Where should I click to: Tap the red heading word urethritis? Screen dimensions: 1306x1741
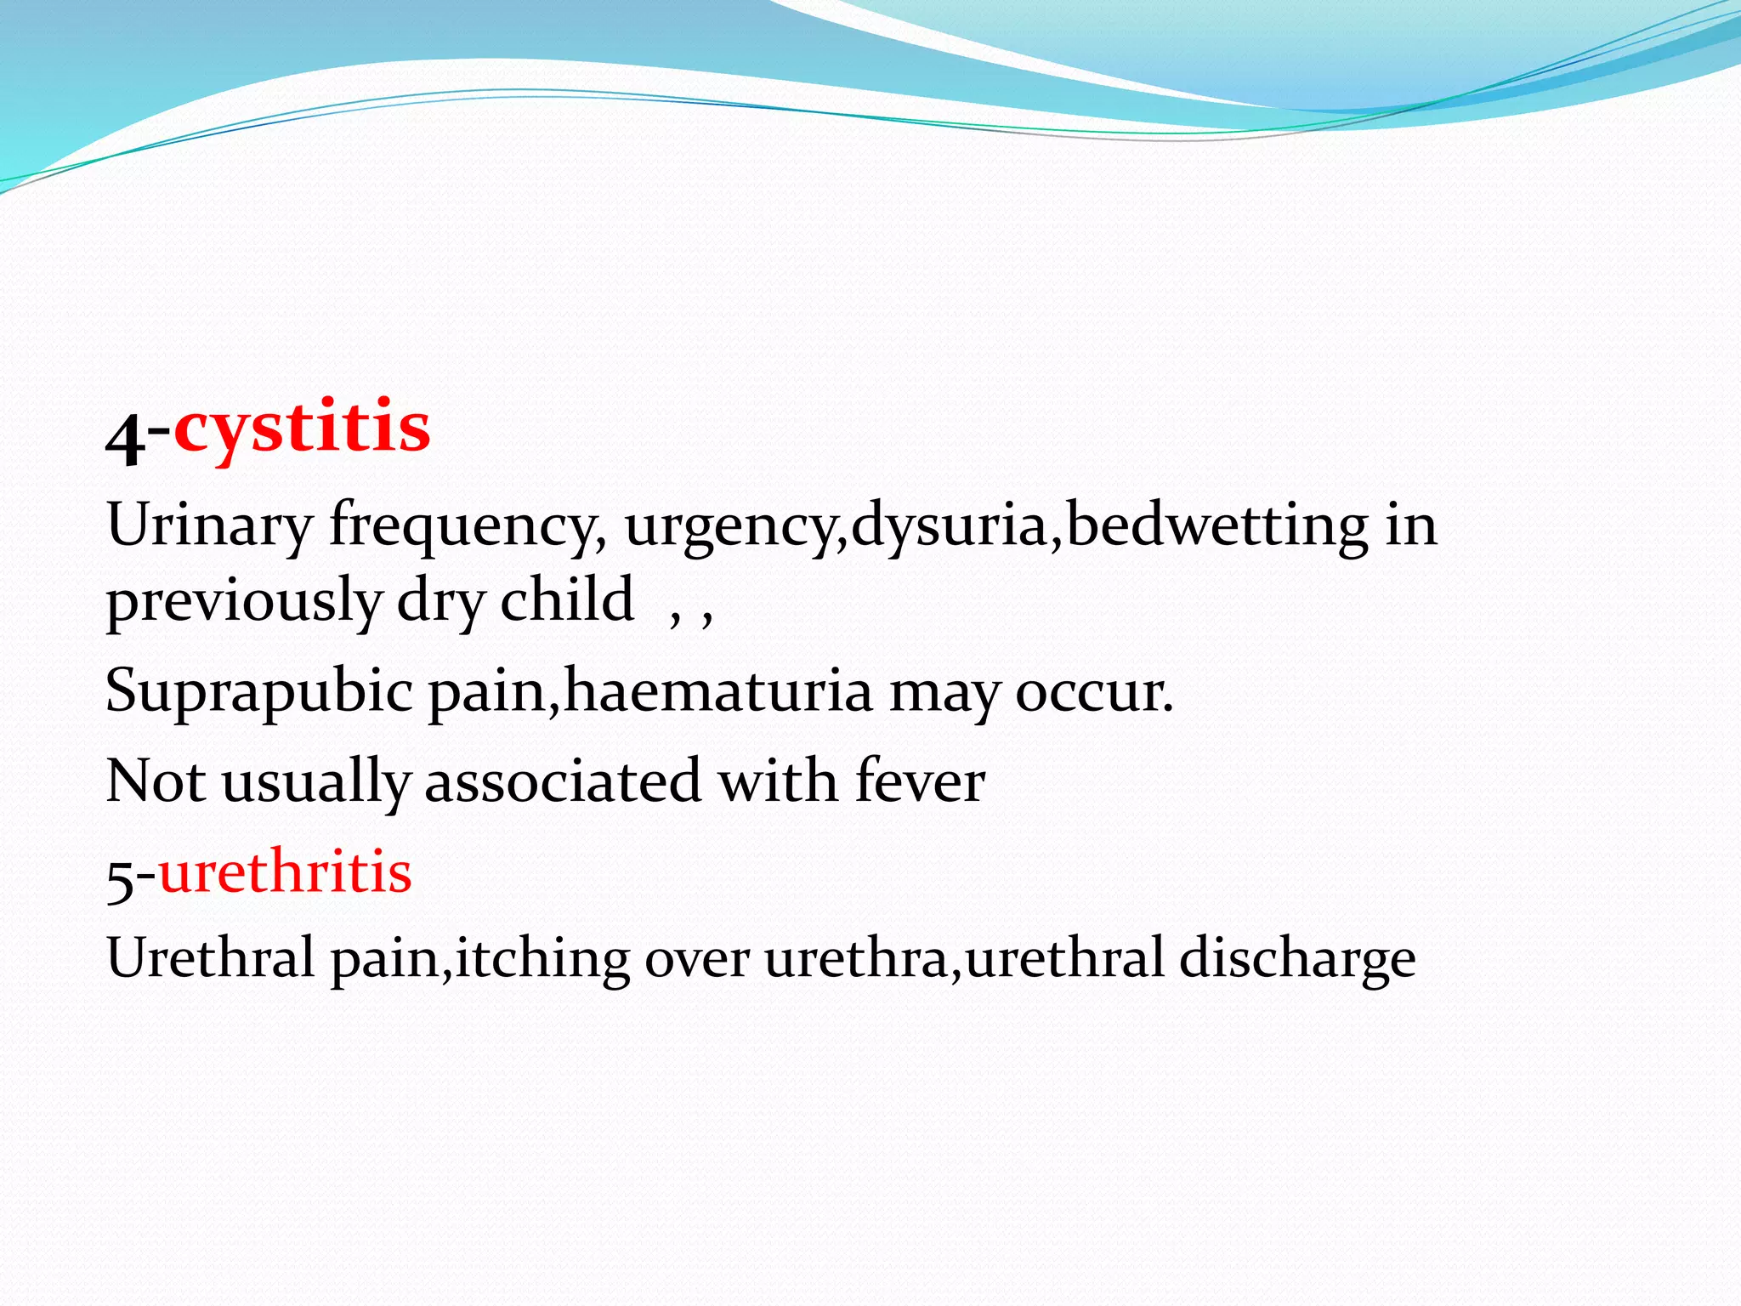pos(285,872)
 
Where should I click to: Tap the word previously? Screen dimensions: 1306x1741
pos(243,602)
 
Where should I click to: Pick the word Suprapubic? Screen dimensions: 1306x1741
pos(258,692)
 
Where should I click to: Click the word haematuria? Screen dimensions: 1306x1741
pos(717,691)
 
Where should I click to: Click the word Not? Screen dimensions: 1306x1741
pos(156,781)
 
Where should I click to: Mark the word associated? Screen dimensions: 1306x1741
pos(562,781)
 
